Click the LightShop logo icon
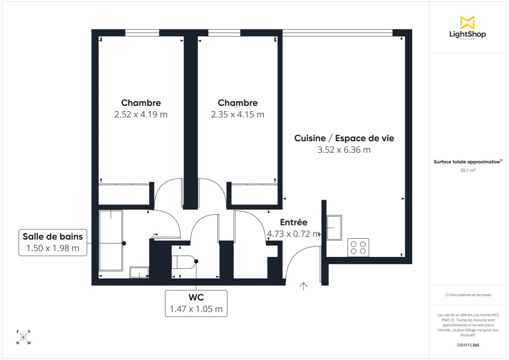coord(467,22)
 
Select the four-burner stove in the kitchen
coord(358,247)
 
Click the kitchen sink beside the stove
coord(334,228)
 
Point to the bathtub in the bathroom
coord(111,240)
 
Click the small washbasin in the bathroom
coord(139,272)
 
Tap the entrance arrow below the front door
coord(304,286)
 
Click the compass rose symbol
coord(24,337)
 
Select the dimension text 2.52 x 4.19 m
coord(141,114)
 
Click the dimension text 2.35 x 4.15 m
coord(238,114)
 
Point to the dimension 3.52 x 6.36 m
coord(344,150)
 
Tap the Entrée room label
coord(294,223)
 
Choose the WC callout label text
coord(196,297)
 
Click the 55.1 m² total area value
coord(467,170)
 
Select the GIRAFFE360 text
coord(467,345)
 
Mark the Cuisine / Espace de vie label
coord(344,138)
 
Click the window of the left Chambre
coord(142,32)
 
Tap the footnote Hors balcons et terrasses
coord(467,295)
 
